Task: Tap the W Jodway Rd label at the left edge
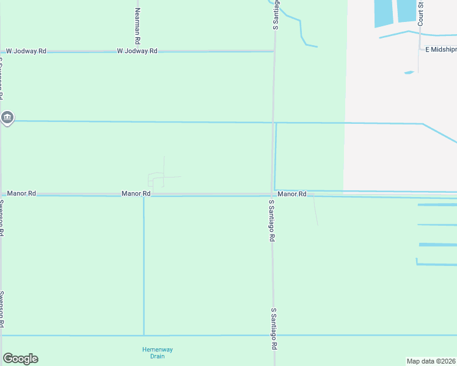point(26,51)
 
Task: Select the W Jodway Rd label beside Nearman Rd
point(137,51)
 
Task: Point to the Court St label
point(421,12)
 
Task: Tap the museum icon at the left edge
point(7,117)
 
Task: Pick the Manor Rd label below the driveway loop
point(136,193)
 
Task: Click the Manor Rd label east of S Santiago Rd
point(291,193)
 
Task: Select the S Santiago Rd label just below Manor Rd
point(271,220)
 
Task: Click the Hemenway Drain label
point(158,353)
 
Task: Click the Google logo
point(20,359)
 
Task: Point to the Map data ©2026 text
point(431,361)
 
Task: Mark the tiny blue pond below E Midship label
point(409,73)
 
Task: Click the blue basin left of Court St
point(407,10)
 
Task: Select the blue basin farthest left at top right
point(384,12)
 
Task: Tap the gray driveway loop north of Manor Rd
point(156,180)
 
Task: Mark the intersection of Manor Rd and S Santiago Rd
point(272,195)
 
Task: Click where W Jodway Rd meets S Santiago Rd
point(274,51)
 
